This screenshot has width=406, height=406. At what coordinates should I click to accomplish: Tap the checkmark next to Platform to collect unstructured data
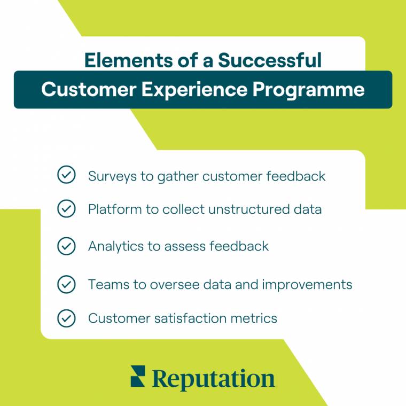(66, 209)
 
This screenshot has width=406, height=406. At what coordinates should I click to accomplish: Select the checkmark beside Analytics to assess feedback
(66, 246)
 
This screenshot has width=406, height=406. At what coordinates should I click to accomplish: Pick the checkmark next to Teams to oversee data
(66, 284)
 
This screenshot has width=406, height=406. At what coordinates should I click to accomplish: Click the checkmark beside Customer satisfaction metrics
(66, 318)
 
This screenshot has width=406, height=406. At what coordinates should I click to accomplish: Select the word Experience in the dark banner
(197, 89)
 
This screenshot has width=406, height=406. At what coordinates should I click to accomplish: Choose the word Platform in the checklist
(109, 209)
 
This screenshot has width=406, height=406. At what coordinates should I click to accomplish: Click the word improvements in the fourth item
(307, 285)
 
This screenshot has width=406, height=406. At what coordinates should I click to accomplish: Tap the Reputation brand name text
(213, 379)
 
